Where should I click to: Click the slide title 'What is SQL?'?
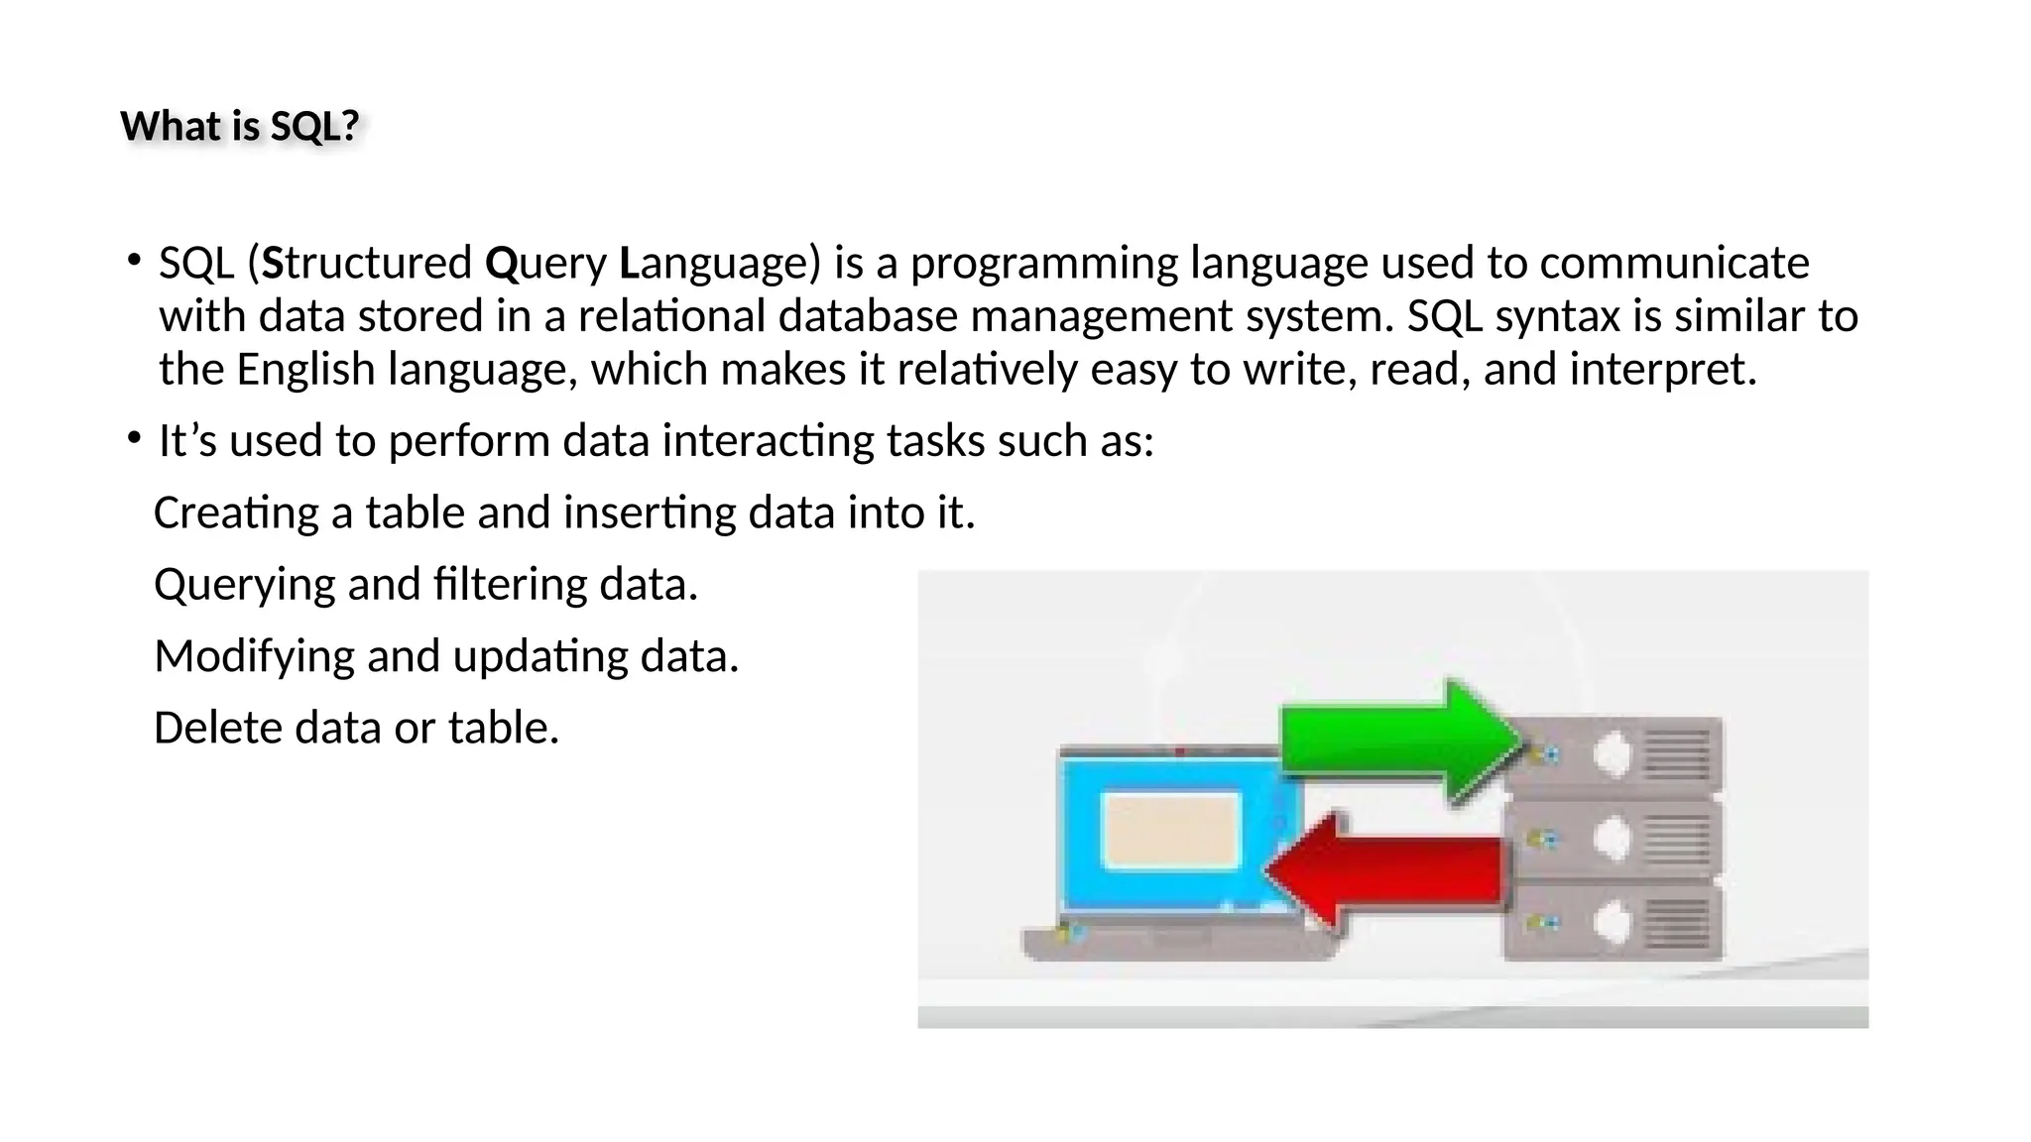[x=239, y=127]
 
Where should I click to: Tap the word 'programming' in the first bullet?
[x=1043, y=264]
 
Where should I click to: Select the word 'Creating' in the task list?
[x=235, y=514]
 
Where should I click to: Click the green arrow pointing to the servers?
[x=1398, y=740]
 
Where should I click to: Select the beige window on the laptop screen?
[x=1172, y=831]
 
